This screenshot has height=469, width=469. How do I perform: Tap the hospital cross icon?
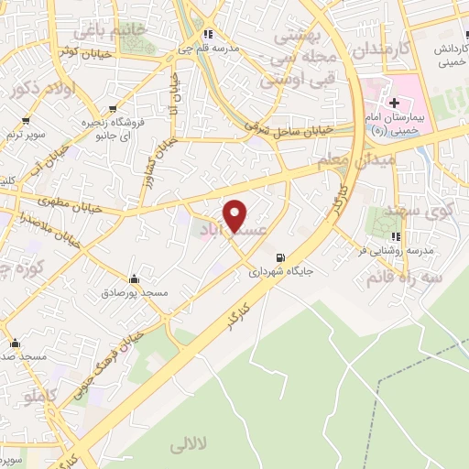(395, 104)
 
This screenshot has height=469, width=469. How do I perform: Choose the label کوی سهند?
(429, 211)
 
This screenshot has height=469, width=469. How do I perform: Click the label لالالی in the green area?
(190, 445)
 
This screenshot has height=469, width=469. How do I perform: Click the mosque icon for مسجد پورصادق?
(135, 278)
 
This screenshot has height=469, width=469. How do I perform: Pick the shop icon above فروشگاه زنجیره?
(113, 108)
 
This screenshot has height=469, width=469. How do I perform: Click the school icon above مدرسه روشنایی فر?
(396, 238)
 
